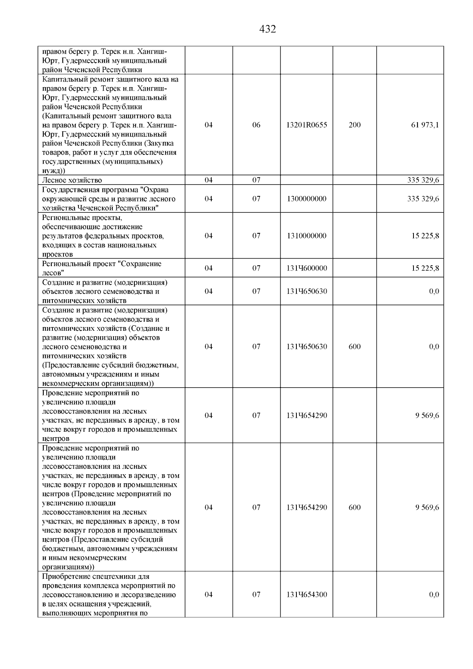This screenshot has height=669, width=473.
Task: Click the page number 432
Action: [x=268, y=29]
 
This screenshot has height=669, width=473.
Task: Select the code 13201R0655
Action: [x=307, y=125]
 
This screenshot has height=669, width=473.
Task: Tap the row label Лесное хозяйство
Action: [x=72, y=180]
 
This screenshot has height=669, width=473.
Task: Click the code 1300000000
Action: [x=307, y=199]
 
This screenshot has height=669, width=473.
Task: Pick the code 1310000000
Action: [x=307, y=236]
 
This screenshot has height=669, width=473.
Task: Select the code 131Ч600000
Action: [x=307, y=268]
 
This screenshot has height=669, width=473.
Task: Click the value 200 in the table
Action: [x=354, y=125]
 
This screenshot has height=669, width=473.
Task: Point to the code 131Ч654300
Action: [x=307, y=594]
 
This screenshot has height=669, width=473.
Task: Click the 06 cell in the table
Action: [x=256, y=125]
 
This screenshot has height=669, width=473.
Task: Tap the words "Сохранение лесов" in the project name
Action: [x=118, y=268]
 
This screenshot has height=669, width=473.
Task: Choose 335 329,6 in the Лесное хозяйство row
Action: [x=423, y=180]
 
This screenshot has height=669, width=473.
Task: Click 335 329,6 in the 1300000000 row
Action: [x=423, y=199]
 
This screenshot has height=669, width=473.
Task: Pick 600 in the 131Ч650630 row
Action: [x=354, y=347]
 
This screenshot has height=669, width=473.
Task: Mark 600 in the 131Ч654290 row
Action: [x=354, y=507]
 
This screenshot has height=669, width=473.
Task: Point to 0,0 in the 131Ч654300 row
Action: [x=434, y=594]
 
